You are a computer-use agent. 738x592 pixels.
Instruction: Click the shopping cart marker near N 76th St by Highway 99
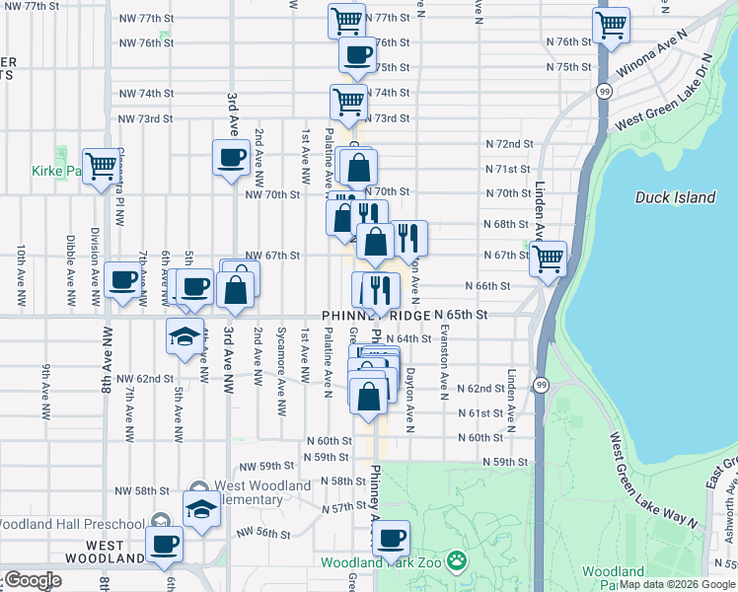pyautogui.click(x=612, y=25)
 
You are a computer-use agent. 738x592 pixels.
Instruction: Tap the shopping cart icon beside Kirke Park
pyautogui.click(x=101, y=166)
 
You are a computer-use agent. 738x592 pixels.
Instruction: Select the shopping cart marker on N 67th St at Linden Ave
pyautogui.click(x=548, y=259)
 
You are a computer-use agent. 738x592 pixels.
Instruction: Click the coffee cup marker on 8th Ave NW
pyautogui.click(x=121, y=281)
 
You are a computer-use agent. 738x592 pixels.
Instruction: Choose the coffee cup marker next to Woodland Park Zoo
pyautogui.click(x=392, y=539)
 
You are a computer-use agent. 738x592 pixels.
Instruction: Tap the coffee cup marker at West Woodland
pyautogui.click(x=164, y=544)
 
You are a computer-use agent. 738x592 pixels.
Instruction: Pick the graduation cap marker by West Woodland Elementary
pyautogui.click(x=201, y=510)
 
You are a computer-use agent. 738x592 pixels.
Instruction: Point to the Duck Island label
pyautogui.click(x=675, y=197)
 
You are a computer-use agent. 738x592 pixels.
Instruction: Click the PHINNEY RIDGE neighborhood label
pyautogui.click(x=376, y=316)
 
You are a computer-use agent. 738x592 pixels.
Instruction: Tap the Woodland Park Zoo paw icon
pyautogui.click(x=456, y=562)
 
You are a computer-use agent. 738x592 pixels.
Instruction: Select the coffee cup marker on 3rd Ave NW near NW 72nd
pyautogui.click(x=232, y=157)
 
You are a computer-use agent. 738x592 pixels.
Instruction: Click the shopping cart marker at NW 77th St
pyautogui.click(x=347, y=21)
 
